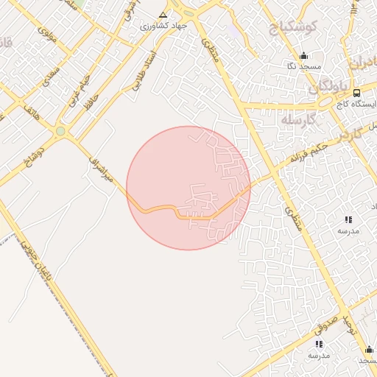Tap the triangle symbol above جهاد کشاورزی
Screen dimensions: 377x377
point(163,14)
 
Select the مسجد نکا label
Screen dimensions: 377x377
point(303,67)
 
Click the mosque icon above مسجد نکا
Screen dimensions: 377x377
point(303,56)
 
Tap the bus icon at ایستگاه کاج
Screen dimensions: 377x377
point(356,93)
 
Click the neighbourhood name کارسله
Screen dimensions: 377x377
point(299,119)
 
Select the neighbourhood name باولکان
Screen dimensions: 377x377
point(322,87)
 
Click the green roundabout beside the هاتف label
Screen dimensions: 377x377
point(60,131)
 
